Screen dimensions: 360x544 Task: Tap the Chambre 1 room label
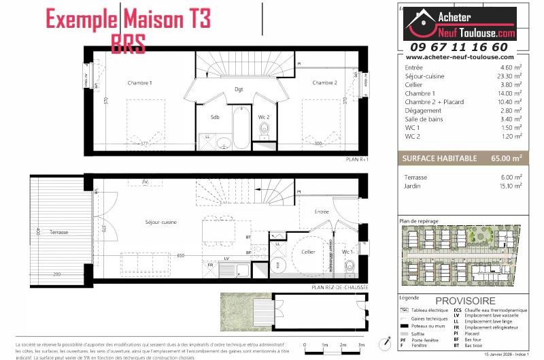(x=139, y=83)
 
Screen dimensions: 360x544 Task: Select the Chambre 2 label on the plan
(x=324, y=83)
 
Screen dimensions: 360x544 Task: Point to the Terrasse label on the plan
(x=59, y=233)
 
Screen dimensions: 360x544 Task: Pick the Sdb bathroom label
(x=215, y=117)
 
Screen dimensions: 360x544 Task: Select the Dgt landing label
(x=239, y=89)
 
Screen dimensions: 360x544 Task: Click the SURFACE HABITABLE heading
(x=439, y=158)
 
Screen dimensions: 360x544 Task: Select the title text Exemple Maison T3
(x=128, y=18)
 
